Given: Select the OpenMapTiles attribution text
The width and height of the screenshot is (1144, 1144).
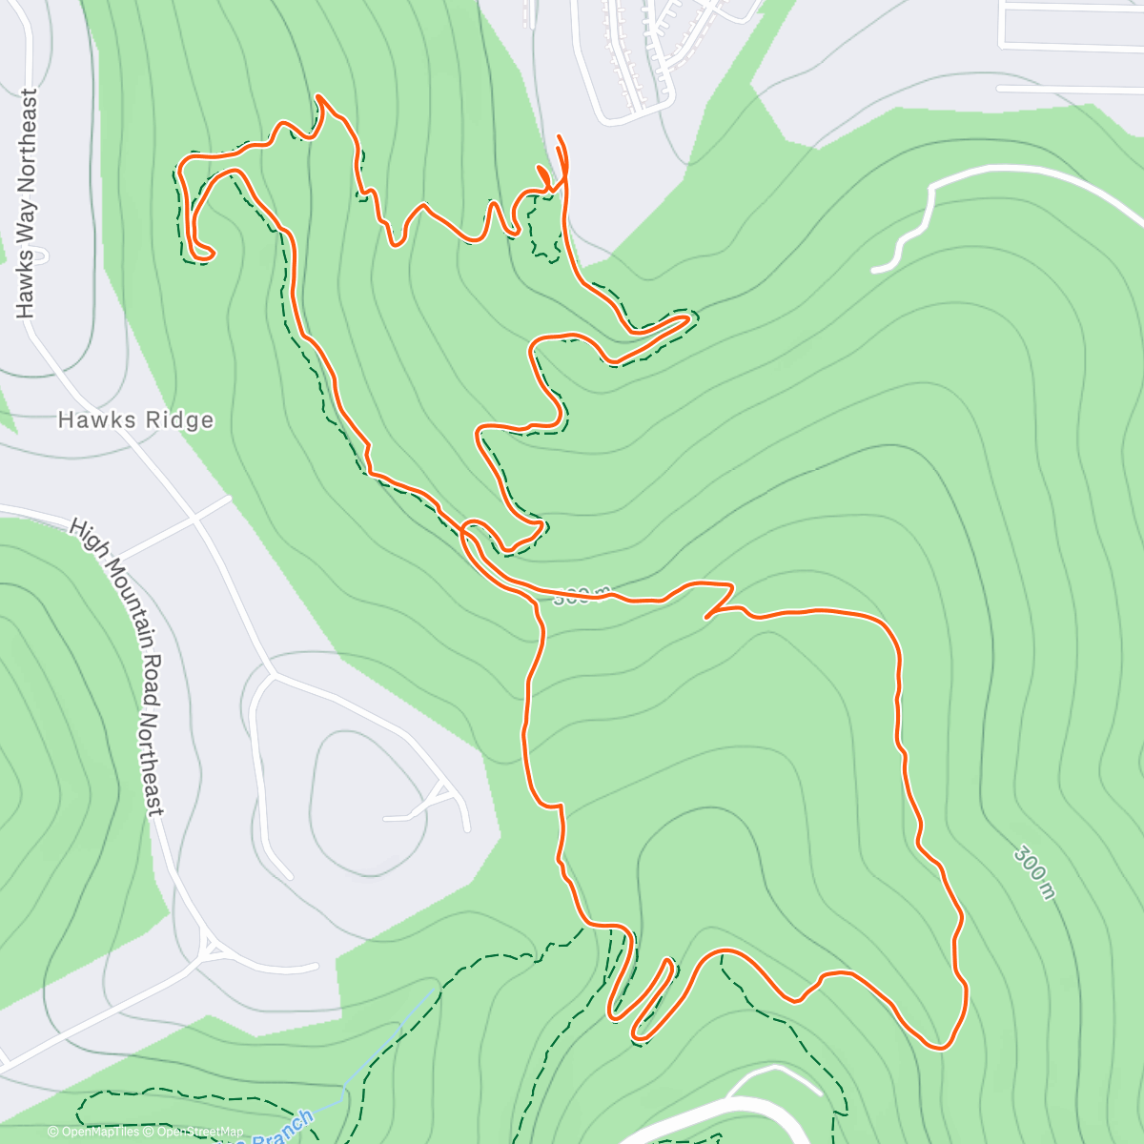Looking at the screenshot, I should coord(100,1133).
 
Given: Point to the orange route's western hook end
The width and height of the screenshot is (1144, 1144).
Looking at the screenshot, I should coord(202,254).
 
